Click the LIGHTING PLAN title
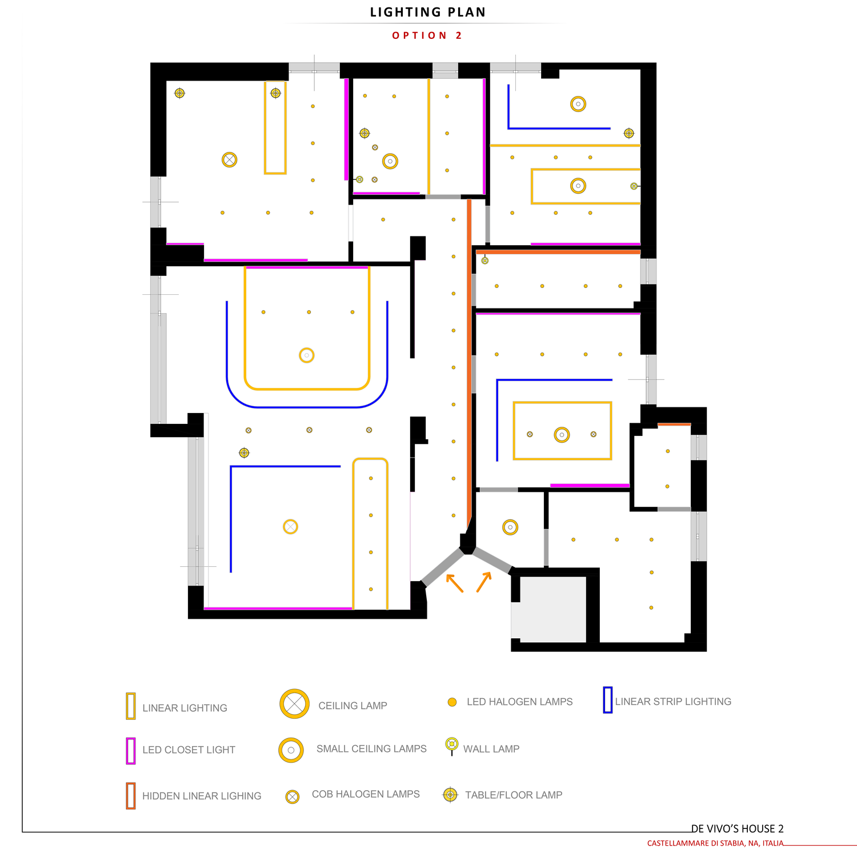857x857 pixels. point(428,12)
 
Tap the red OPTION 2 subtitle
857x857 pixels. point(427,35)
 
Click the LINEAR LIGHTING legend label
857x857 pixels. point(185,708)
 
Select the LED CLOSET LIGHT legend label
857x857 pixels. point(189,750)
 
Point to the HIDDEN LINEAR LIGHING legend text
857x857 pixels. point(202,796)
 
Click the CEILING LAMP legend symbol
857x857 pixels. point(294,704)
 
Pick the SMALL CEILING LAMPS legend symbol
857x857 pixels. point(291,750)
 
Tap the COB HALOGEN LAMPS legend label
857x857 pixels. point(366,794)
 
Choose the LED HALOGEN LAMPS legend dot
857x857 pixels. point(452,702)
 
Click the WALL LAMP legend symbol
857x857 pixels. point(452,745)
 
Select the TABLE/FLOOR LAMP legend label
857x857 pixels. point(514,795)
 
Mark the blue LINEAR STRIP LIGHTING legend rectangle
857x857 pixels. point(607,700)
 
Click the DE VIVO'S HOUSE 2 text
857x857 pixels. point(737,828)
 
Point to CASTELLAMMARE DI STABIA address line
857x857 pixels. point(715,843)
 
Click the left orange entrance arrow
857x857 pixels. point(454,583)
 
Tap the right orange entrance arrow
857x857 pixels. point(484,582)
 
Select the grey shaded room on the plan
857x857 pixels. point(552,609)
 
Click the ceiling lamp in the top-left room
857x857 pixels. point(229,160)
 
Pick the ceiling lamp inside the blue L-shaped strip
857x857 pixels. point(290,527)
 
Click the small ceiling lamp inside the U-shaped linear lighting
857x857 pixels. point(307,355)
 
